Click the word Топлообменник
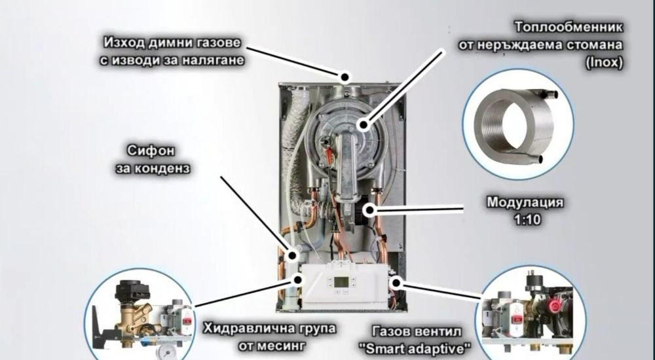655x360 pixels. click(x=569, y=27)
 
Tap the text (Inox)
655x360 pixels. click(x=604, y=63)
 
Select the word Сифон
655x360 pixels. click(x=151, y=151)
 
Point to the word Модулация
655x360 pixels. click(x=525, y=202)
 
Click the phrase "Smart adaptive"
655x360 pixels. click(x=416, y=349)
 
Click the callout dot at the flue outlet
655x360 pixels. click(x=345, y=77)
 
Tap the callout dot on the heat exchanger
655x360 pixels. click(x=364, y=124)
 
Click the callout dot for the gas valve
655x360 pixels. click(x=396, y=283)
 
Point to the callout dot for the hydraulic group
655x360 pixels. click(x=298, y=279)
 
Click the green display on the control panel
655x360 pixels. click(x=341, y=282)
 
